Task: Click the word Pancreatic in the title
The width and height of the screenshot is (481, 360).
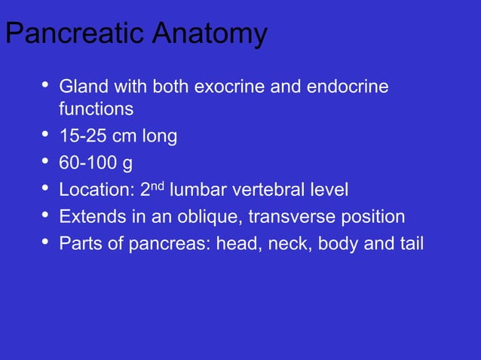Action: [x=67, y=35]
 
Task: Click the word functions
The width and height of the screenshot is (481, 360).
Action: [x=97, y=110]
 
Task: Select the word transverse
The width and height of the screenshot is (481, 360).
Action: [x=285, y=217]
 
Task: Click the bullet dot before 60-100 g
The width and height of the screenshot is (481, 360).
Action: [x=43, y=163]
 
